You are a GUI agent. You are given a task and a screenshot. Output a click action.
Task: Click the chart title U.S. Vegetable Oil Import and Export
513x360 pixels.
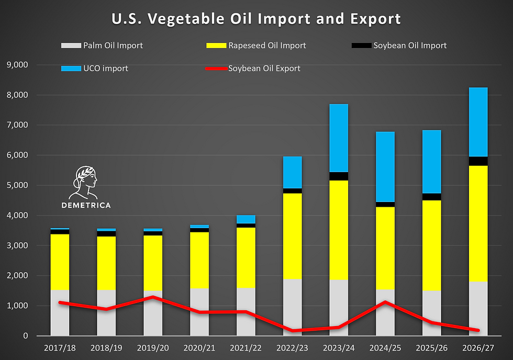pos(256,19)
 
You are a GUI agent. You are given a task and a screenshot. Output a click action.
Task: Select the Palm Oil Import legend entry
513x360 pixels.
pos(102,46)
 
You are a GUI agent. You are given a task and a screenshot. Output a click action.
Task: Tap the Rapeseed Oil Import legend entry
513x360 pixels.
pos(256,46)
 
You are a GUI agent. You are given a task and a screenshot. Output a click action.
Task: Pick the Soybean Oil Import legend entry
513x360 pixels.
pos(399,46)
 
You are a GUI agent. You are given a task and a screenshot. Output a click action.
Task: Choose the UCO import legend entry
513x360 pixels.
pos(95,69)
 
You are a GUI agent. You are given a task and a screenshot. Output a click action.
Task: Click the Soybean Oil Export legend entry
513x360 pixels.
pos(253,69)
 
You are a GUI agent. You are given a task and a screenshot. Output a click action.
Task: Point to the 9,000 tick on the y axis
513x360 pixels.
pos(17,65)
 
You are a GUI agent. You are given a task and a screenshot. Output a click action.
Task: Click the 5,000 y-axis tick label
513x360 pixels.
pos(17,185)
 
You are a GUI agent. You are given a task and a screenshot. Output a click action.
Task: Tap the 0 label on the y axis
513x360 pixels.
pos(26,336)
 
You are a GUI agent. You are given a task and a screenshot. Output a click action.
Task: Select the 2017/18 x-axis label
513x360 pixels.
pos(60,348)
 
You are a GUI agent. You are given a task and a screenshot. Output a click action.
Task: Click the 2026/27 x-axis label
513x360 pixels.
pos(478,348)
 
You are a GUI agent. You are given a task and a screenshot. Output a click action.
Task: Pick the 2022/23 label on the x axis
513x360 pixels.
pos(292,348)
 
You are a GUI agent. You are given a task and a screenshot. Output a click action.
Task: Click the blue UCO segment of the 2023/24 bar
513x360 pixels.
pos(339,138)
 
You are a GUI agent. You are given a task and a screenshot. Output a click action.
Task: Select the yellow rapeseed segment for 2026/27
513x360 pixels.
pos(478,223)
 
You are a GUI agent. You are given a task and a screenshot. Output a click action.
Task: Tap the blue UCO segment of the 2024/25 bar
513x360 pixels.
pos(385,167)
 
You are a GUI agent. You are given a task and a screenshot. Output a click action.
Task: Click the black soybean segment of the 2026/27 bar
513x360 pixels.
pos(478,161)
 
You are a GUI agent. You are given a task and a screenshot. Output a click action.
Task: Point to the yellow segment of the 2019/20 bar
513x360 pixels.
pos(153,263)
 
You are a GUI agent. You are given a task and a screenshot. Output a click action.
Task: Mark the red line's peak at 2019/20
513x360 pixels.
pos(153,297)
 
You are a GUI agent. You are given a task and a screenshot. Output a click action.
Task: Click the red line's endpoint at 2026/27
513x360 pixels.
pos(478,330)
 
